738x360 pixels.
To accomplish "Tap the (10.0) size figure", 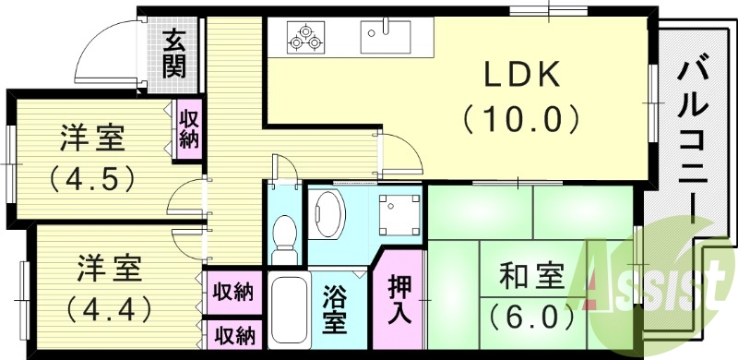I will tap(521, 118).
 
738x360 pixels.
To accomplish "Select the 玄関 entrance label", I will tap(174, 53).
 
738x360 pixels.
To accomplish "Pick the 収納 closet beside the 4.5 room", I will tap(189, 127).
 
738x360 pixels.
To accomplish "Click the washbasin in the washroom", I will tap(327, 213).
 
